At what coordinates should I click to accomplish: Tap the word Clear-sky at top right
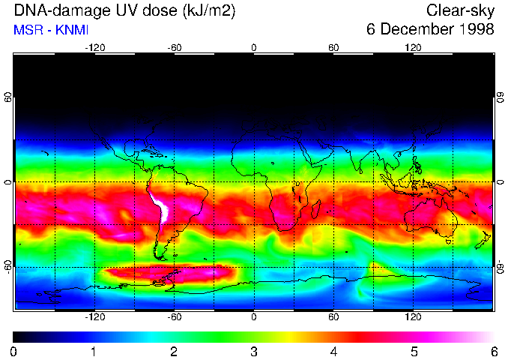[460, 10]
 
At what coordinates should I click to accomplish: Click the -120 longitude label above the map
[94, 48]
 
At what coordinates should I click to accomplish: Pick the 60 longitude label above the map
[333, 48]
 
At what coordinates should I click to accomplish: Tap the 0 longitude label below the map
[254, 316]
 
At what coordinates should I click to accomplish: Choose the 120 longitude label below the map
[413, 316]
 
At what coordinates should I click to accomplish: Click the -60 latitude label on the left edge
[7, 267]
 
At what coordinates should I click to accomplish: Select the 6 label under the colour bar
[494, 351]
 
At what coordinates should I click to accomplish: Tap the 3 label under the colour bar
[254, 351]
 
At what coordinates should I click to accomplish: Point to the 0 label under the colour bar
[14, 351]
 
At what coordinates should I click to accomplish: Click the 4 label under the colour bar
[334, 351]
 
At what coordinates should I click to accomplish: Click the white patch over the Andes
[161, 209]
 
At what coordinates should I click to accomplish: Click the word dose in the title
[156, 10]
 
